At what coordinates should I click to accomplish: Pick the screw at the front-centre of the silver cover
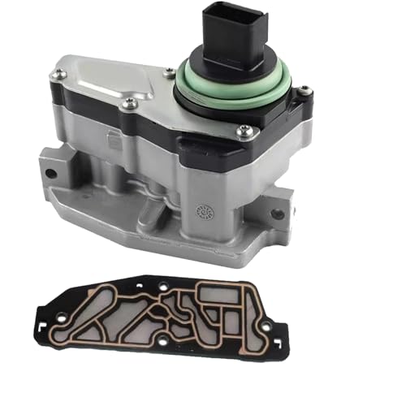coord(128,103)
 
